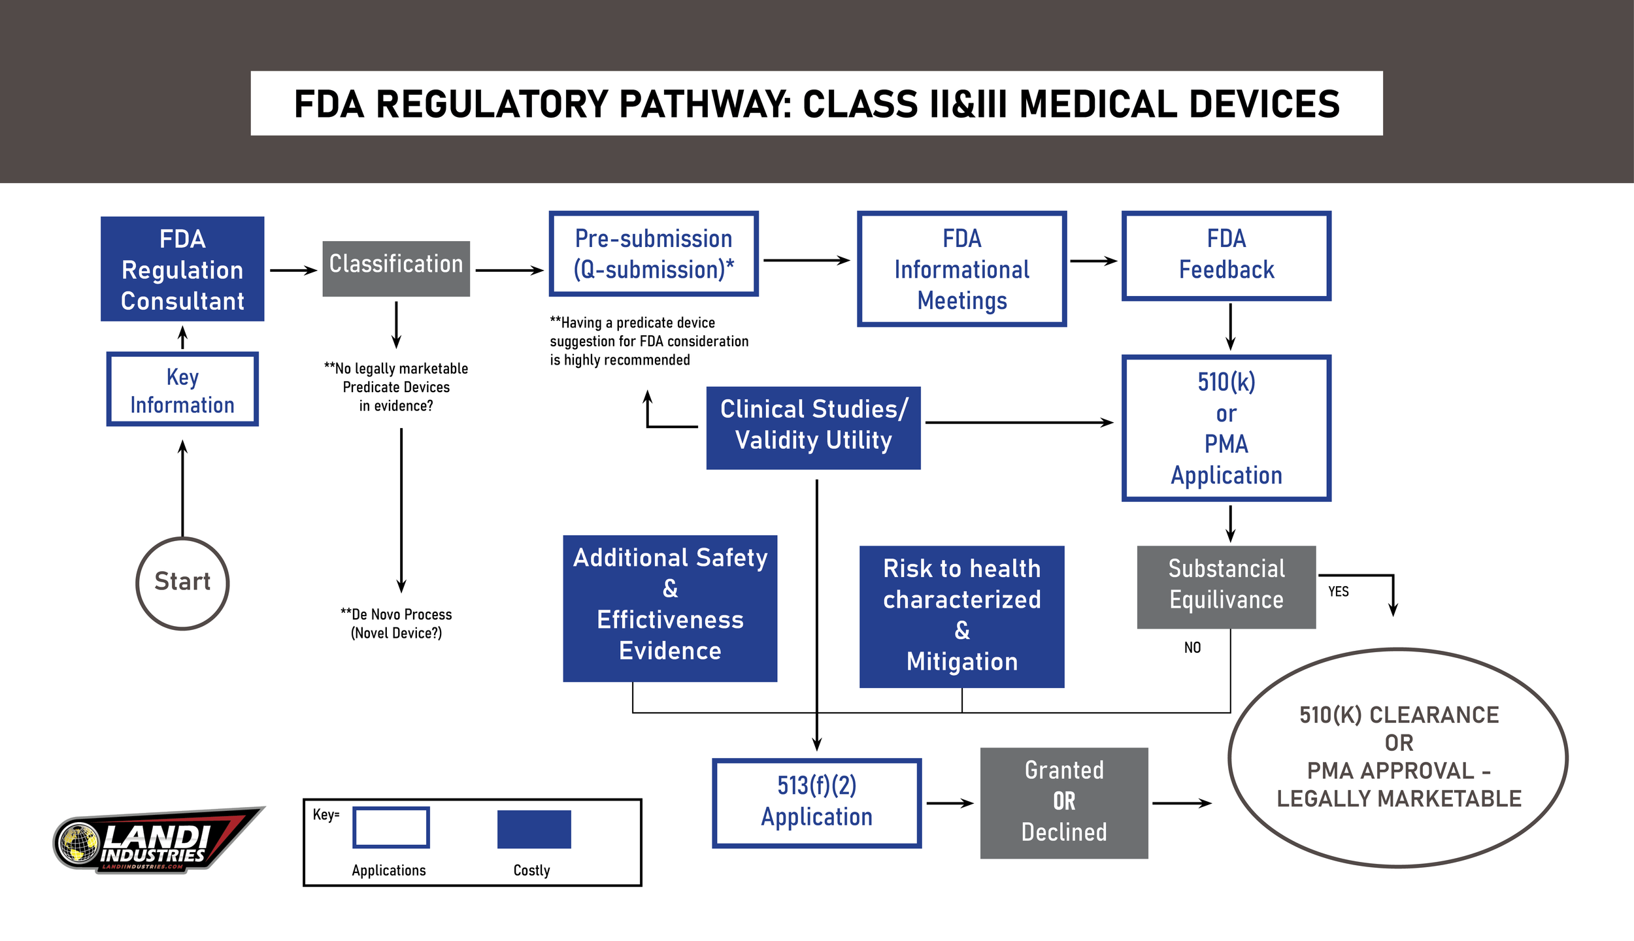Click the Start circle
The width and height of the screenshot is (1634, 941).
[x=182, y=583]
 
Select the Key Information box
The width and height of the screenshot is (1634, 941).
[x=182, y=389]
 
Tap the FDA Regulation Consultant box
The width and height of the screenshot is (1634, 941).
[x=182, y=269]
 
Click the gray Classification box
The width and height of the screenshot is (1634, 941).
[x=396, y=269]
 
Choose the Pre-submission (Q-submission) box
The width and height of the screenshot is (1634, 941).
[x=654, y=254]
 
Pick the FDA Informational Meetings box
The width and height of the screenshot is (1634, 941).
[x=961, y=269]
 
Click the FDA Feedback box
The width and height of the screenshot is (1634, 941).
[x=1226, y=256]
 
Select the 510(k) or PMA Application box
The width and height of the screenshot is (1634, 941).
[x=1226, y=428]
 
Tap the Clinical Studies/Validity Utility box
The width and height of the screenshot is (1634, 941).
[x=813, y=427]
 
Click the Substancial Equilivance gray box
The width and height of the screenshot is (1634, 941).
[x=1226, y=587]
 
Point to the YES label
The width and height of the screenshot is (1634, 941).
[x=1338, y=591]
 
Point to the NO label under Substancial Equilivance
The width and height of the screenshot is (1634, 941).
[x=1192, y=648]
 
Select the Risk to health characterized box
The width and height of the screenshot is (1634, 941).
[x=961, y=616]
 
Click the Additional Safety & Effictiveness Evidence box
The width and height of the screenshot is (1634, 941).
[x=670, y=608]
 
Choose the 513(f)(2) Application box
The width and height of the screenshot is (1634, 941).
[x=816, y=803]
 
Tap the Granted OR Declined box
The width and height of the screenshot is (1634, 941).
[x=1064, y=802]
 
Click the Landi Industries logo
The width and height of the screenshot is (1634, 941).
[x=157, y=840]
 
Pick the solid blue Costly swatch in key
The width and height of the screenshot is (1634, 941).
[x=534, y=829]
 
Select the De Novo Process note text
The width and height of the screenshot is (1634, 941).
[x=396, y=623]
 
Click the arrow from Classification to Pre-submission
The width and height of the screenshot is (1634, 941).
[x=509, y=270]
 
